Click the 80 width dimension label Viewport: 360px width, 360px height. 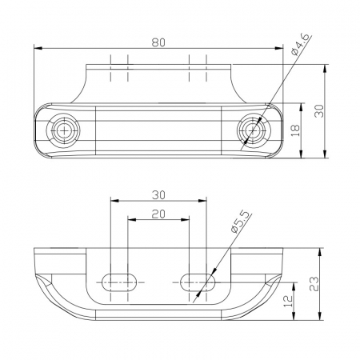pos(158,42)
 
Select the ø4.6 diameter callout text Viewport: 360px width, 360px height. pos(301,44)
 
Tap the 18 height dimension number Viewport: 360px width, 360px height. pos(295,130)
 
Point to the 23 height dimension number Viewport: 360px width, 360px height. pos(314,284)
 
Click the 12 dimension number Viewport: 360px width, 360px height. pos(288,301)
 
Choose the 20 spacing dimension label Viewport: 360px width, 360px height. pos(158,214)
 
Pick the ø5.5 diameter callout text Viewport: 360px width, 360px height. pos(242,223)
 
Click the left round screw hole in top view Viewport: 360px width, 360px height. pos(63,130)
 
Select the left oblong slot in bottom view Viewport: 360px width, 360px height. pos(119,282)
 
